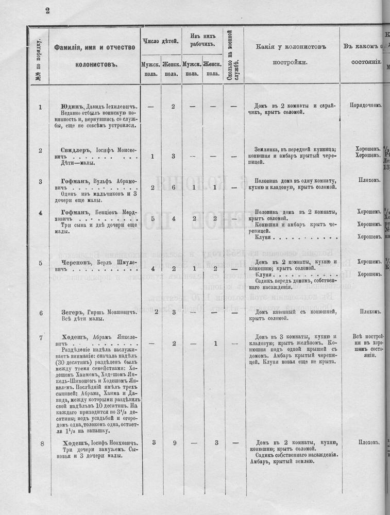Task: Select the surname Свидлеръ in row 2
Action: click(x=73, y=150)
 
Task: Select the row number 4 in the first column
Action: click(x=41, y=212)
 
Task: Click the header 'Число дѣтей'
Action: click(x=160, y=41)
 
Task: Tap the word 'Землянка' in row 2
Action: click(x=268, y=149)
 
